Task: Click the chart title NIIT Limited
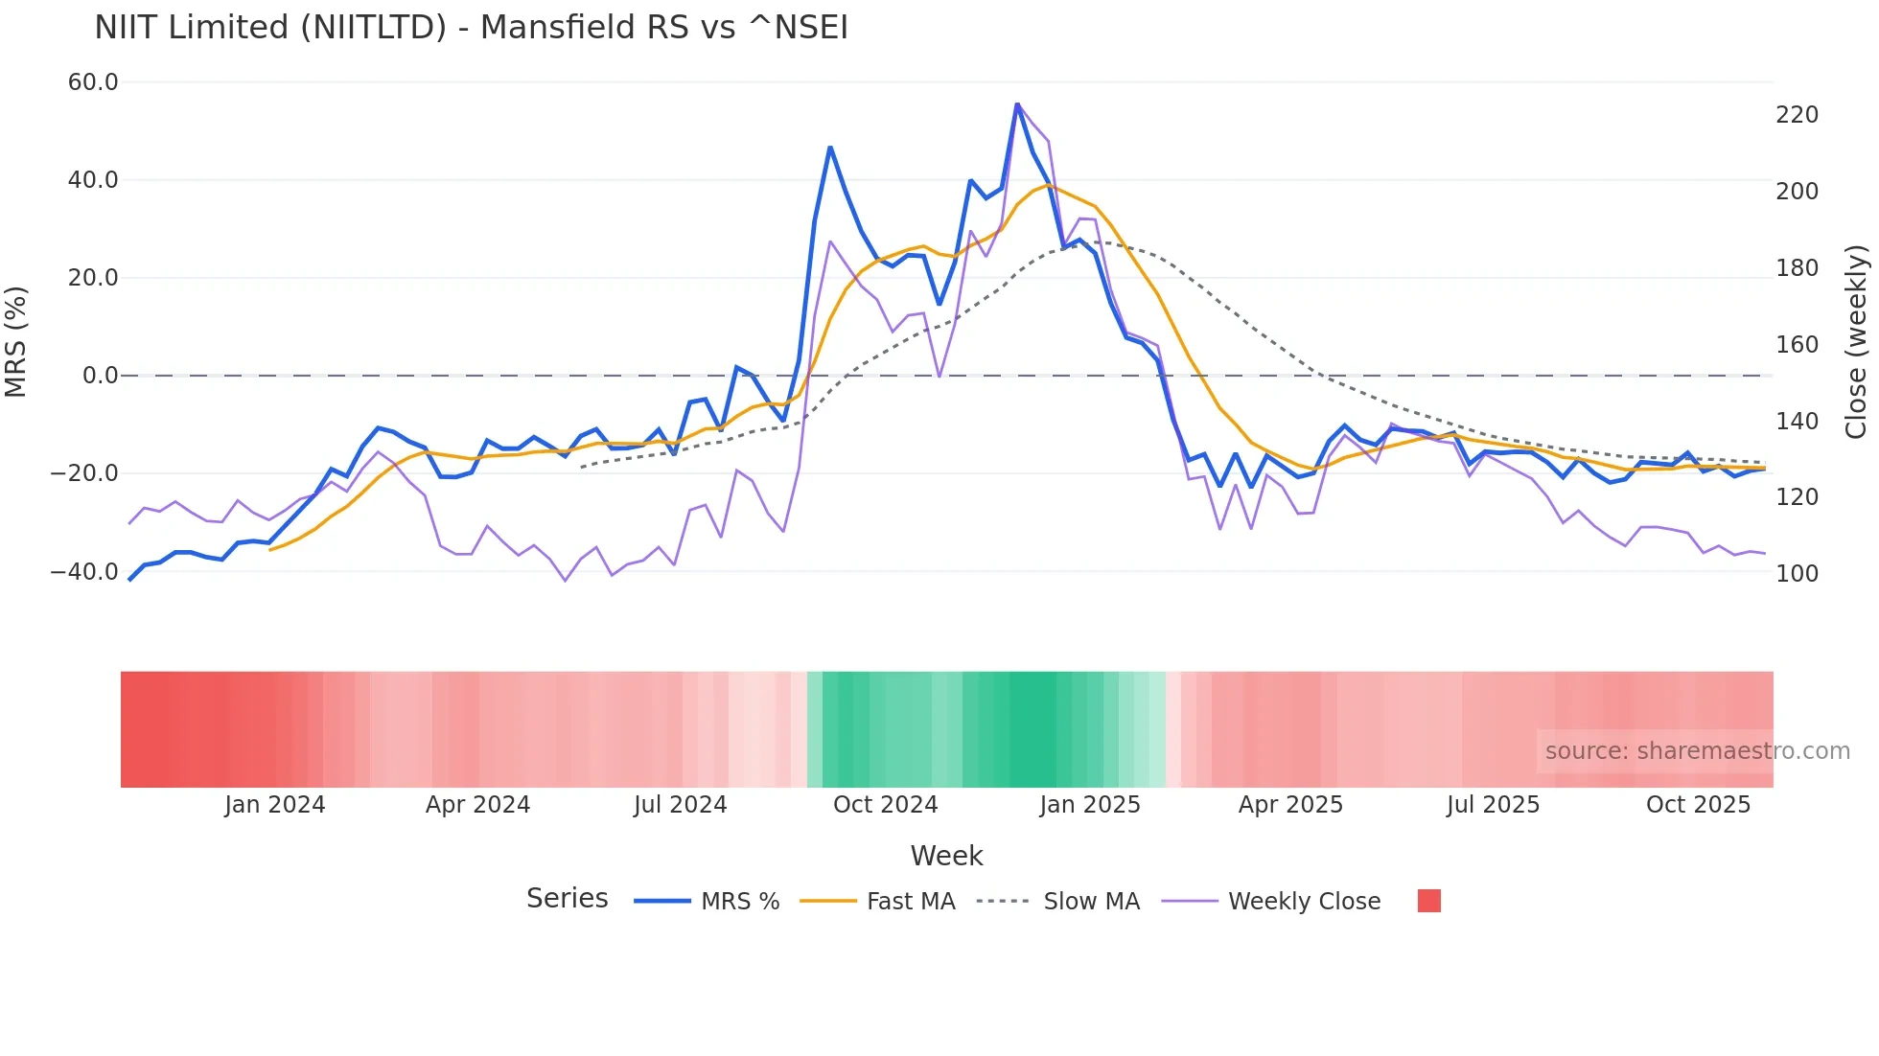pos(471,28)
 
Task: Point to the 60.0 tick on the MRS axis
pos(93,82)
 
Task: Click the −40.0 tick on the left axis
pos(85,572)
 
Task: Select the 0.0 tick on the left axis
pos(100,376)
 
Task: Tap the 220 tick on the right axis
pos(1797,115)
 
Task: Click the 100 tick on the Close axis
pos(1797,574)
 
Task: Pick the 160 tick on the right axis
pos(1797,345)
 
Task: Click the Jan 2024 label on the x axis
pos(275,805)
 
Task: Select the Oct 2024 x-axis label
pos(885,805)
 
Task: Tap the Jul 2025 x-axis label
pos(1493,805)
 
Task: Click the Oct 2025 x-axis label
pos(1698,805)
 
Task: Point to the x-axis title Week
pos(946,856)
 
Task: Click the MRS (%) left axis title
pos(16,342)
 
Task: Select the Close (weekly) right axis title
pos(1857,342)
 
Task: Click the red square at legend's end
pos(1428,901)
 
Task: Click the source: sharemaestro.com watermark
pos(1697,751)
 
